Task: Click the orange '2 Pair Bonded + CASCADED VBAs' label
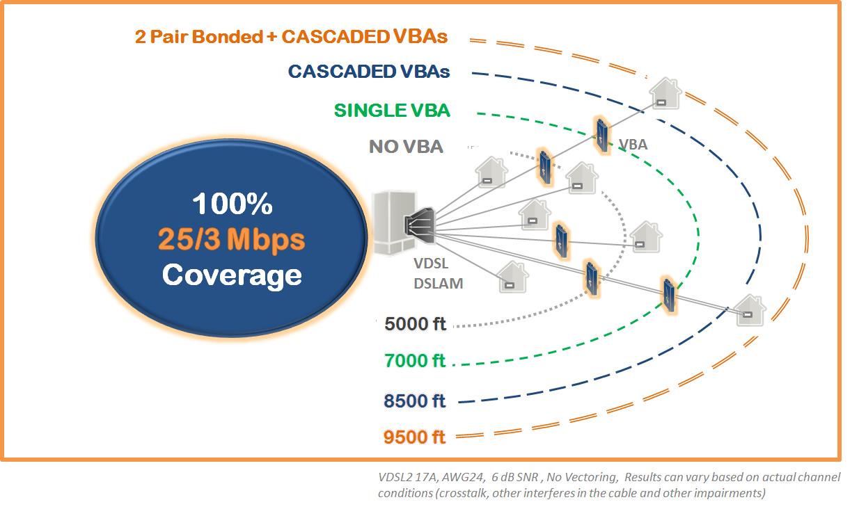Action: (291, 36)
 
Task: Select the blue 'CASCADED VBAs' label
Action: (368, 71)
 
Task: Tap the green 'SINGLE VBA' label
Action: (391, 110)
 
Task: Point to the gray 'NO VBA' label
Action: (406, 147)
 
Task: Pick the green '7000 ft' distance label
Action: (414, 361)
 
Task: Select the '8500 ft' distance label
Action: (414, 401)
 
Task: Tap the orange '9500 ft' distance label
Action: (414, 437)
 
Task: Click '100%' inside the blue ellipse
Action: (232, 204)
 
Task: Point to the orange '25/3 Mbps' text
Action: (232, 239)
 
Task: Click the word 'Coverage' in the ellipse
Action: (232, 275)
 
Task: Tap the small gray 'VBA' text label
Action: (633, 145)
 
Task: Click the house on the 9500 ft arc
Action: (749, 311)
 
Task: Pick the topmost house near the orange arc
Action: (663, 94)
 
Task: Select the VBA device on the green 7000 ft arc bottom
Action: (668, 293)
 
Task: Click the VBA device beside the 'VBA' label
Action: (601, 134)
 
